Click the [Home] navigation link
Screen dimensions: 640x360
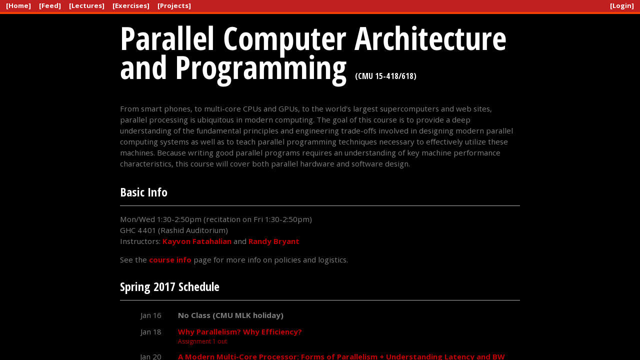[18, 5]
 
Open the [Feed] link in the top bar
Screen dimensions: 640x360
[50, 5]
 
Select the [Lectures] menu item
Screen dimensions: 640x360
[87, 5]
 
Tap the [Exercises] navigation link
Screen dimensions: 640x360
[131, 5]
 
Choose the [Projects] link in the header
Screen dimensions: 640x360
[174, 5]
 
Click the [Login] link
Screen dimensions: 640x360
[622, 5]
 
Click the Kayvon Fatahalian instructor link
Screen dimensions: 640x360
[197, 241]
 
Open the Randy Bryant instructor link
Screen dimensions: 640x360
[273, 241]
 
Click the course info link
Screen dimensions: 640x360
[170, 260]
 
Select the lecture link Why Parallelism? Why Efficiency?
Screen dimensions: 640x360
[239, 332]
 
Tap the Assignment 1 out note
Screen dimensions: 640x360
[202, 341]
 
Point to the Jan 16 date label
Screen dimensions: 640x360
[151, 315]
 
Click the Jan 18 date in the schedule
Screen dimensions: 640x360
[151, 332]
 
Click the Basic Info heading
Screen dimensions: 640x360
[143, 192]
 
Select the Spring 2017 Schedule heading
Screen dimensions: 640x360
[169, 287]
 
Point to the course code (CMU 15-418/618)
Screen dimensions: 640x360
[385, 76]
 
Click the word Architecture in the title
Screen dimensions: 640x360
[430, 38]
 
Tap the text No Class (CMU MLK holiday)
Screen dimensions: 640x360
[230, 315]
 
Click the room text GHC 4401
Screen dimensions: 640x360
[138, 230]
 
